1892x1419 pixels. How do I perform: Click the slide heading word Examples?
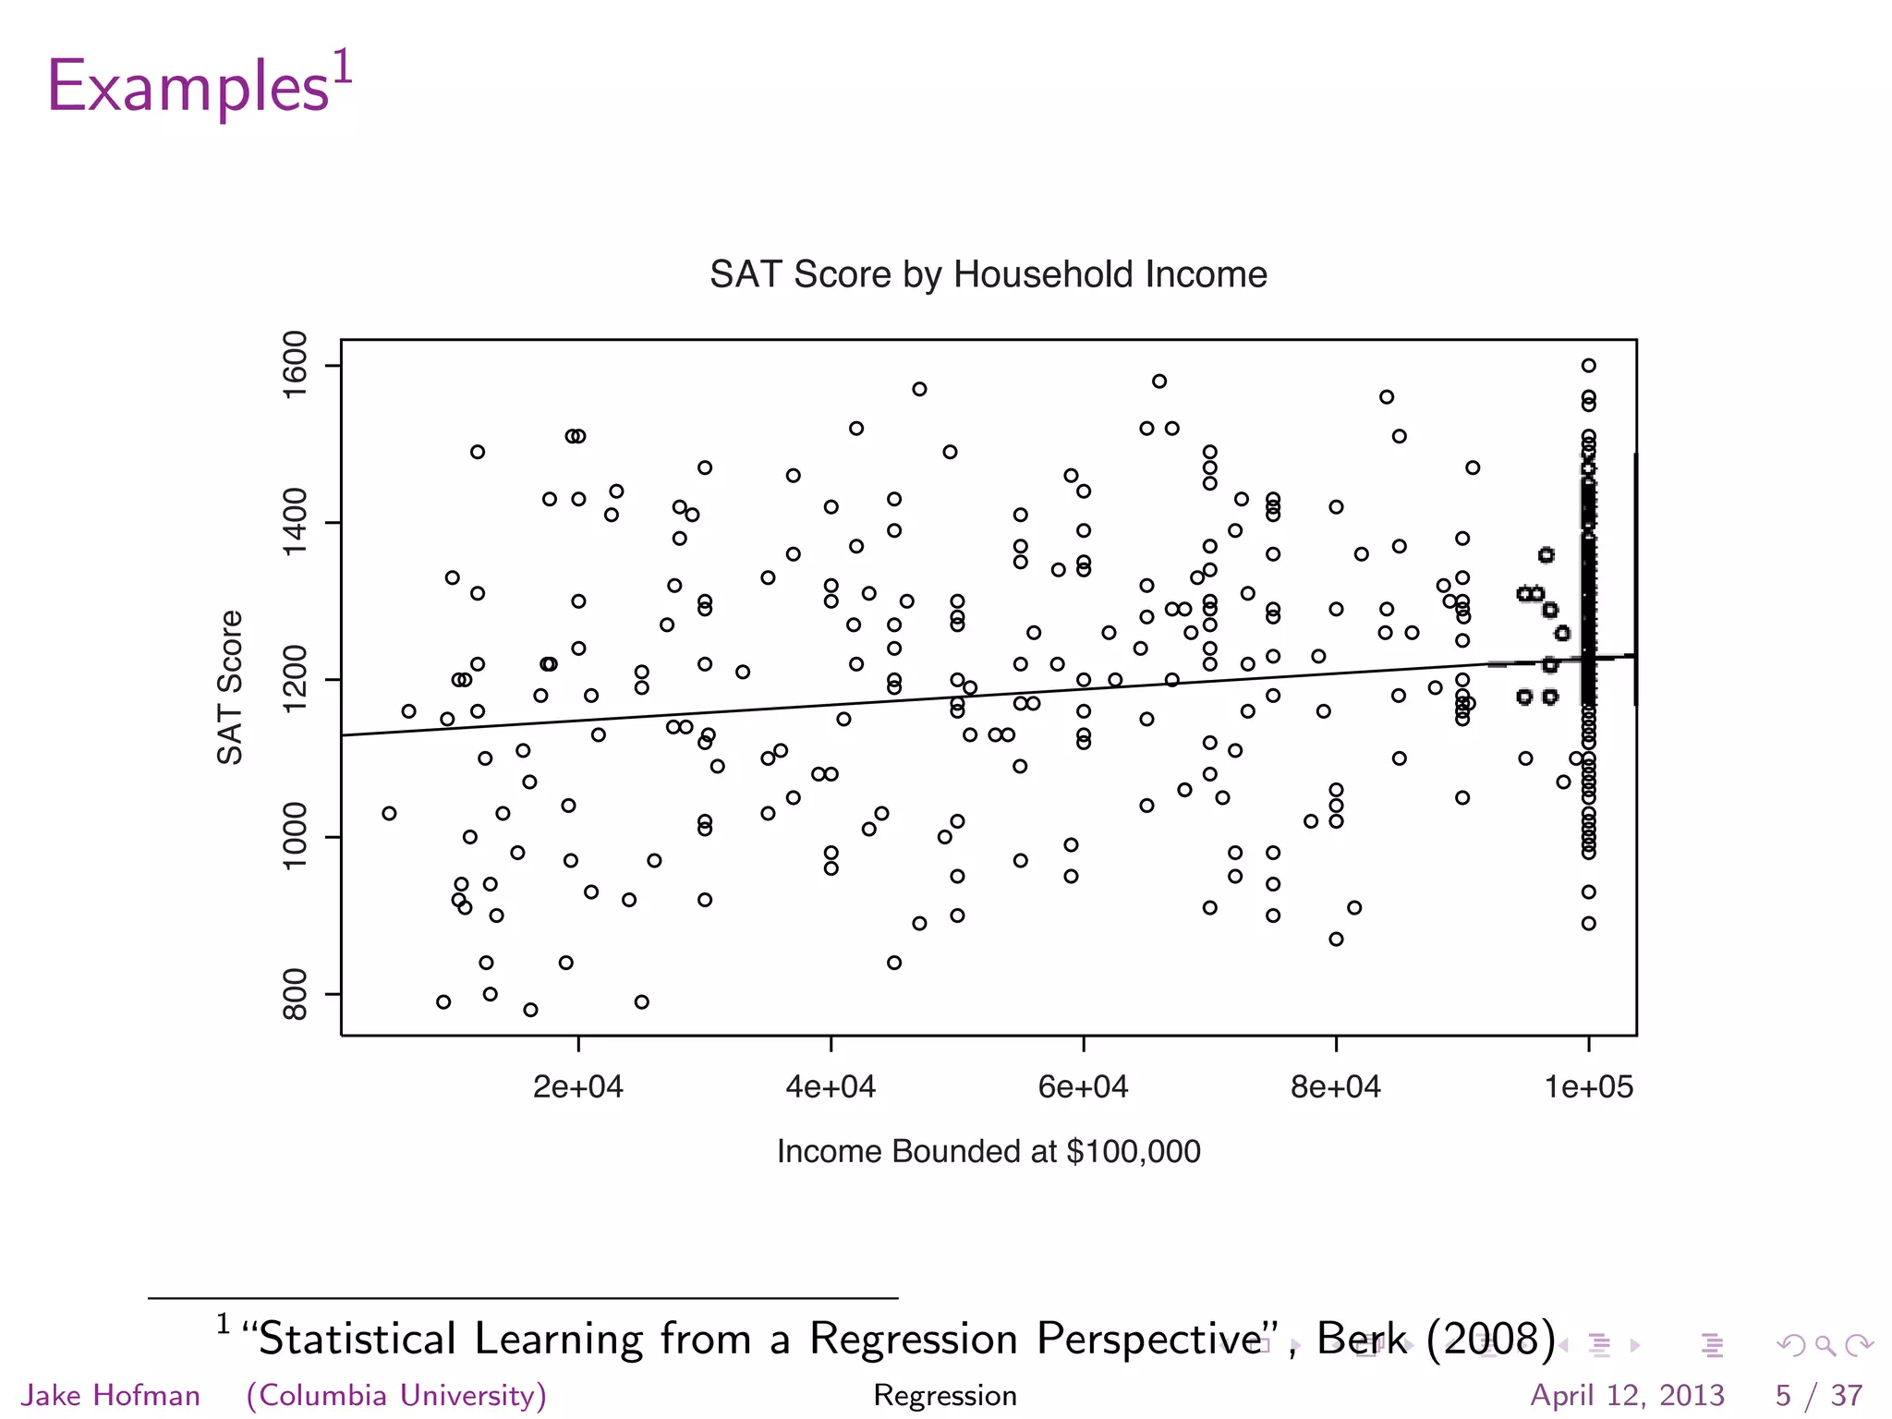[x=188, y=87]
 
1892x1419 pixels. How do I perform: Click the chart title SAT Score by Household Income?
[x=988, y=274]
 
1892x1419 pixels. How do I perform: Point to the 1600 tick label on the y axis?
[x=295, y=365]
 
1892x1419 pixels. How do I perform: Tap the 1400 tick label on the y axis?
[x=295, y=523]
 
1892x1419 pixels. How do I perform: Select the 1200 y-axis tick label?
[x=295, y=680]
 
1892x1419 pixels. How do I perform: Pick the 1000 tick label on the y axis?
[x=295, y=837]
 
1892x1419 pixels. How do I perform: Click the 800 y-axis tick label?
[x=295, y=994]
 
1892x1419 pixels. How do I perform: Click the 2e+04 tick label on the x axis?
[x=578, y=1087]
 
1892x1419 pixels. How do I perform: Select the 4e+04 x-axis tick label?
[x=831, y=1087]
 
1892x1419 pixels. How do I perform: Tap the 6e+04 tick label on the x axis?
[x=1083, y=1087]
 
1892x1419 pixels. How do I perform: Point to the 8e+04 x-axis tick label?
[x=1336, y=1087]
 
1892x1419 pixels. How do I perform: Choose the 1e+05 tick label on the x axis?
[x=1589, y=1087]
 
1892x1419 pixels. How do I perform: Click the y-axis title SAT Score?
[x=230, y=687]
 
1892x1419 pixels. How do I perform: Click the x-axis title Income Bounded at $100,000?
[x=988, y=1152]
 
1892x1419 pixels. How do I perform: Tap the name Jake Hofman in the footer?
[x=111, y=1395]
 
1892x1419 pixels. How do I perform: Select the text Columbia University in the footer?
[x=397, y=1395]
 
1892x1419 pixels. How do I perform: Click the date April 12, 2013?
[x=1628, y=1395]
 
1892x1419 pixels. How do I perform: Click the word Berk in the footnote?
[x=1362, y=1339]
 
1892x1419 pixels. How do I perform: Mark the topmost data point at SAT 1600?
[x=1588, y=366]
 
